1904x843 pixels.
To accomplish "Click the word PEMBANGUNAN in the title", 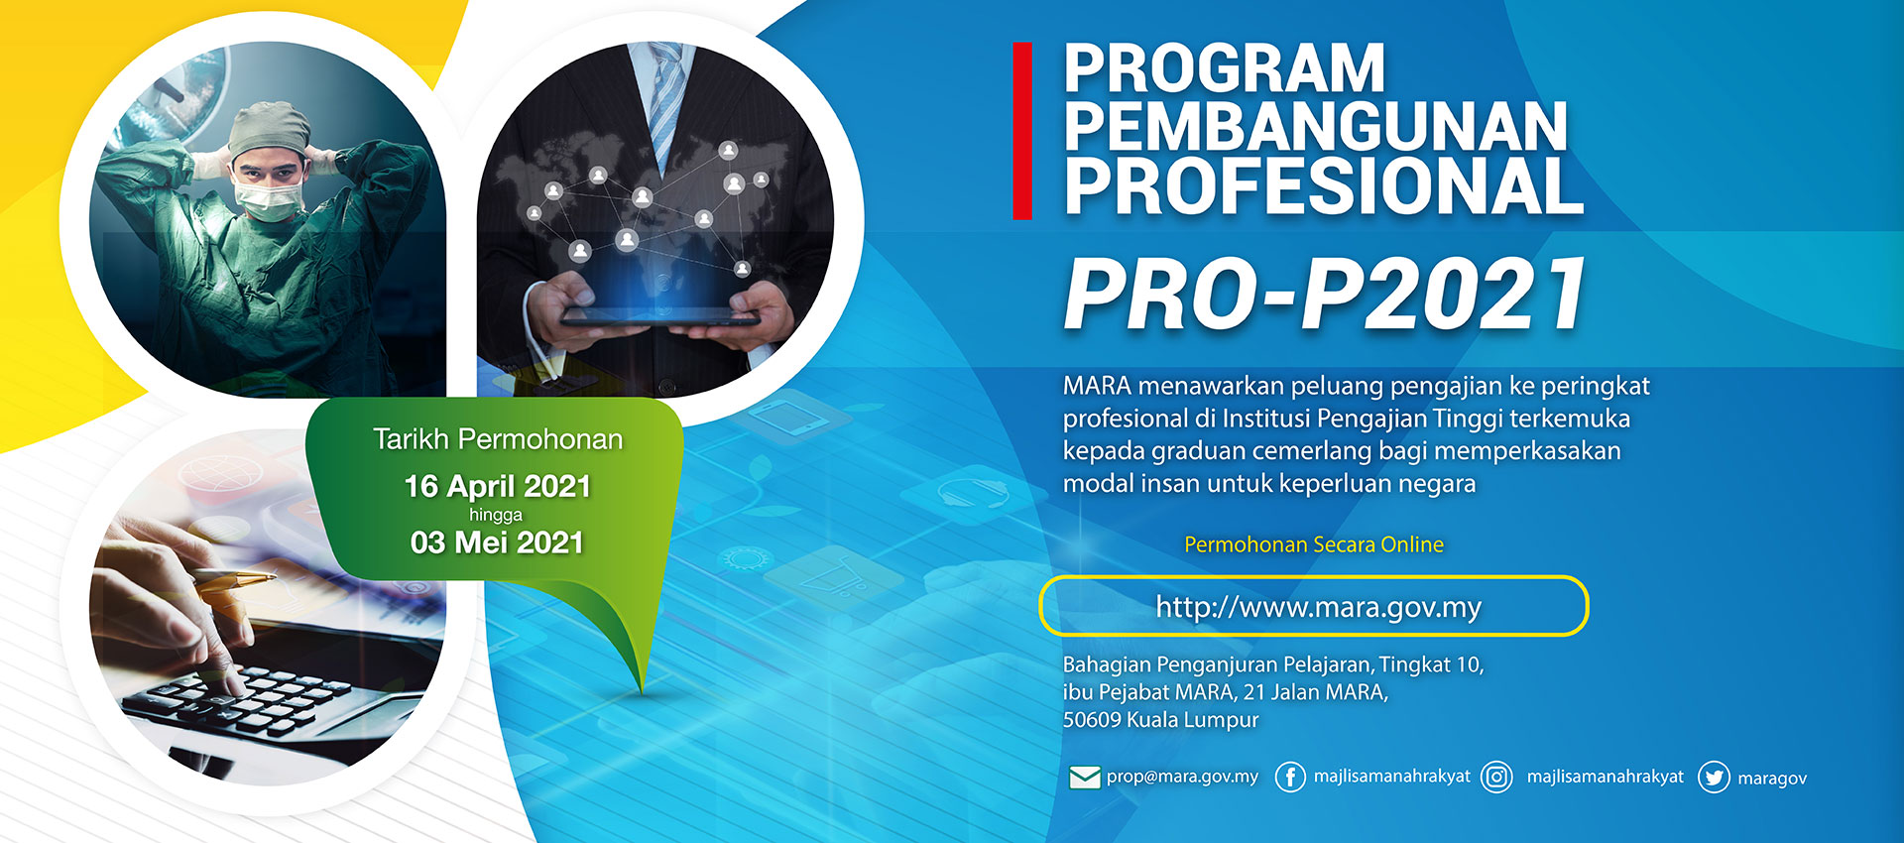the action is tap(1316, 127).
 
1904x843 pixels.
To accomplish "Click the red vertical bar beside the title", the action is tap(1022, 130).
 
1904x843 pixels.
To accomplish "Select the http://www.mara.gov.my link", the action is tap(1318, 607).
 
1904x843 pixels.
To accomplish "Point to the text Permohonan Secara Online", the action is tap(1314, 544).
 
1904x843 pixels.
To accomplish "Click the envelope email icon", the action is tap(1085, 777).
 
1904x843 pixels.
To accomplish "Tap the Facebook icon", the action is tap(1289, 777).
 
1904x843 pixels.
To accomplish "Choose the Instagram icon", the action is tap(1496, 777).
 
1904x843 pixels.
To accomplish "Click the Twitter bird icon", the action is tap(1714, 777).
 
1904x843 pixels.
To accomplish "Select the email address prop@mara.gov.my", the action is tap(1182, 777).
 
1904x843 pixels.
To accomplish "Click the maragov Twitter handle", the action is tap(1772, 779).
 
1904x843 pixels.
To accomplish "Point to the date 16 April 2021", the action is tap(497, 486).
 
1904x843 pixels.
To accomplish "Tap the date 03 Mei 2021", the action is tap(497, 542).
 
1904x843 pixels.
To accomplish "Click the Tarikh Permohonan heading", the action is tap(498, 438).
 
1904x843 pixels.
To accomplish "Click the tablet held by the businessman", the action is tap(659, 316).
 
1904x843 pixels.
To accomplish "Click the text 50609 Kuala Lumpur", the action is tap(1160, 720).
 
